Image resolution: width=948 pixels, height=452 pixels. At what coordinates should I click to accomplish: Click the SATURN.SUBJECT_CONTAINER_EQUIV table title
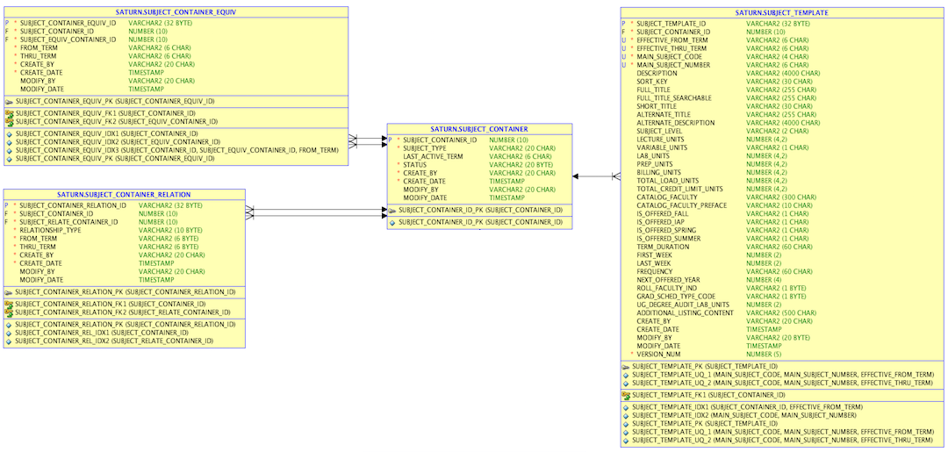(176, 12)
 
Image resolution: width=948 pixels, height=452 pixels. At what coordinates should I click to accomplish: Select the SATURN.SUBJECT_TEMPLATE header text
(782, 12)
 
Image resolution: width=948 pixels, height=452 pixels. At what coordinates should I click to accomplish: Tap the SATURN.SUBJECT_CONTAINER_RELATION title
(124, 195)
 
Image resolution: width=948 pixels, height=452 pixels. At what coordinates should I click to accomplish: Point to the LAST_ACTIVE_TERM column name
(433, 156)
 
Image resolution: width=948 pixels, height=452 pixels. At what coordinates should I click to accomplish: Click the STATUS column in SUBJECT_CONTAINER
(415, 164)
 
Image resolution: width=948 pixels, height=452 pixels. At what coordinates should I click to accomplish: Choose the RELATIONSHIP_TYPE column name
(50, 230)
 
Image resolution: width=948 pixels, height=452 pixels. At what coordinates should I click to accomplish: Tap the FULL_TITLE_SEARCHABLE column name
(674, 98)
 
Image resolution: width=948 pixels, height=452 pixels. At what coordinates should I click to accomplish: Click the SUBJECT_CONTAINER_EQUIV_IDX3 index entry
(177, 150)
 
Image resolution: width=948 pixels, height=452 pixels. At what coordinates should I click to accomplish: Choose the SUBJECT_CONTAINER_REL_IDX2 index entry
(114, 341)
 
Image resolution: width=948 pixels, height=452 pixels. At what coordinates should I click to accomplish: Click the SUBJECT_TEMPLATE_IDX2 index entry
(743, 415)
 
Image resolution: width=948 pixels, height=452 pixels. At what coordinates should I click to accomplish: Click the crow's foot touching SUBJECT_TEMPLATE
(616, 176)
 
